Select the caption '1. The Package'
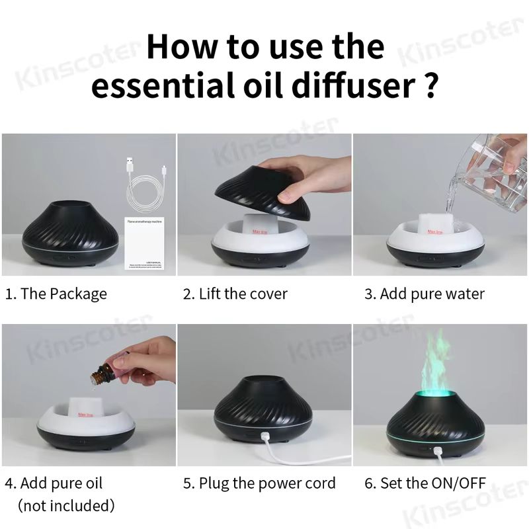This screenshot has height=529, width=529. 56,294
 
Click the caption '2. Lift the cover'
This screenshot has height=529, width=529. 235,294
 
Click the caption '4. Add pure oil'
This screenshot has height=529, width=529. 54,483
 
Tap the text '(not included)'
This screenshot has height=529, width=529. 65,506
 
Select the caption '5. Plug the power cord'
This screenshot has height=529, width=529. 259,483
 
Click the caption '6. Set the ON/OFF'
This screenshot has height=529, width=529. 425,483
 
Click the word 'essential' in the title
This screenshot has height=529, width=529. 157,87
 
